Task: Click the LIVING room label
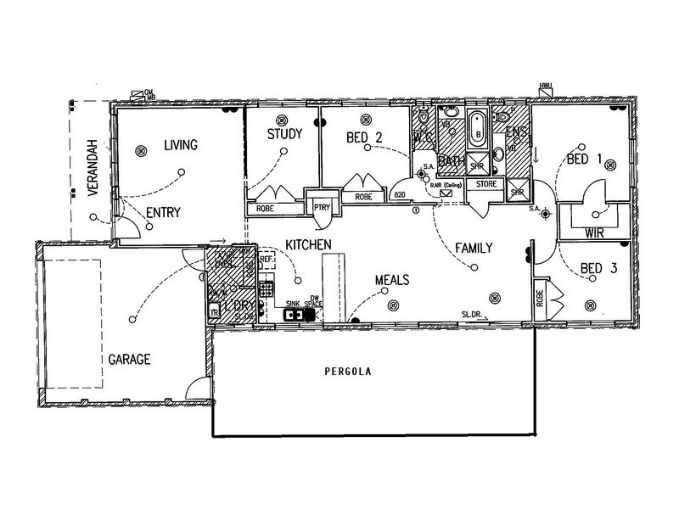coord(180,145)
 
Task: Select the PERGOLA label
coord(351,372)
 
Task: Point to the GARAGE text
coord(129,359)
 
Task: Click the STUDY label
coord(284,134)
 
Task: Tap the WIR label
coord(594,231)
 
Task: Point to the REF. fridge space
coord(266,260)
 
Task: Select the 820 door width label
coord(402,196)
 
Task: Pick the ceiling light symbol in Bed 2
coord(366,119)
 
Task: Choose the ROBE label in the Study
coord(266,207)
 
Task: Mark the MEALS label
coord(393,279)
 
